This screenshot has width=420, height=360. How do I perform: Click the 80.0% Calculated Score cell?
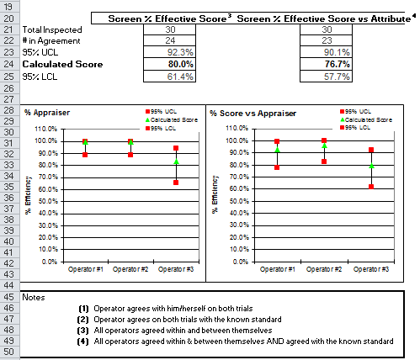[169, 64]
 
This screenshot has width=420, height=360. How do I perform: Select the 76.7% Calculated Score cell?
[326, 64]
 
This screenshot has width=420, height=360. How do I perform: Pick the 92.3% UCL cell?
[169, 52]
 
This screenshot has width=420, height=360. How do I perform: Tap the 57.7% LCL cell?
[326, 77]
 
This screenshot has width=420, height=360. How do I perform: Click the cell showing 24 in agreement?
[169, 40]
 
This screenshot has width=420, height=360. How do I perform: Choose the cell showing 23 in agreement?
[326, 40]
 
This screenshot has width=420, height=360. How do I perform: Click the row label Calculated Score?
[62, 64]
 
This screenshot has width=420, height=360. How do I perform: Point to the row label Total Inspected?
[52, 29]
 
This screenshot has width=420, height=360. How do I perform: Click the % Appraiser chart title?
[47, 113]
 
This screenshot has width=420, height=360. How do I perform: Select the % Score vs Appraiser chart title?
[253, 114]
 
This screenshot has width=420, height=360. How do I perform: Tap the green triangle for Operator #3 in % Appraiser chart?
[176, 161]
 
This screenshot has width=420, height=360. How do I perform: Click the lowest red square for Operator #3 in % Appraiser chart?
[176, 183]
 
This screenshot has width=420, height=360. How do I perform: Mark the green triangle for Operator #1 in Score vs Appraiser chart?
[277, 150]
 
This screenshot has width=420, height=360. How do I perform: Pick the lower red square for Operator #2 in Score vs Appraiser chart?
[324, 161]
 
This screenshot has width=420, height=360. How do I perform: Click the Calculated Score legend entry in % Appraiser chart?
[172, 120]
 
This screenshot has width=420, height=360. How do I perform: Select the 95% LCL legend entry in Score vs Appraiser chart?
[355, 128]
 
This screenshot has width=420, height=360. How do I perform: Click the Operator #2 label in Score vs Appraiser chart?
[324, 269]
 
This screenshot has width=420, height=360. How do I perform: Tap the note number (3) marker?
[83, 331]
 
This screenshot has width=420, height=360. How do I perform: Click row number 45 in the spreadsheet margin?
[9, 297]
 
